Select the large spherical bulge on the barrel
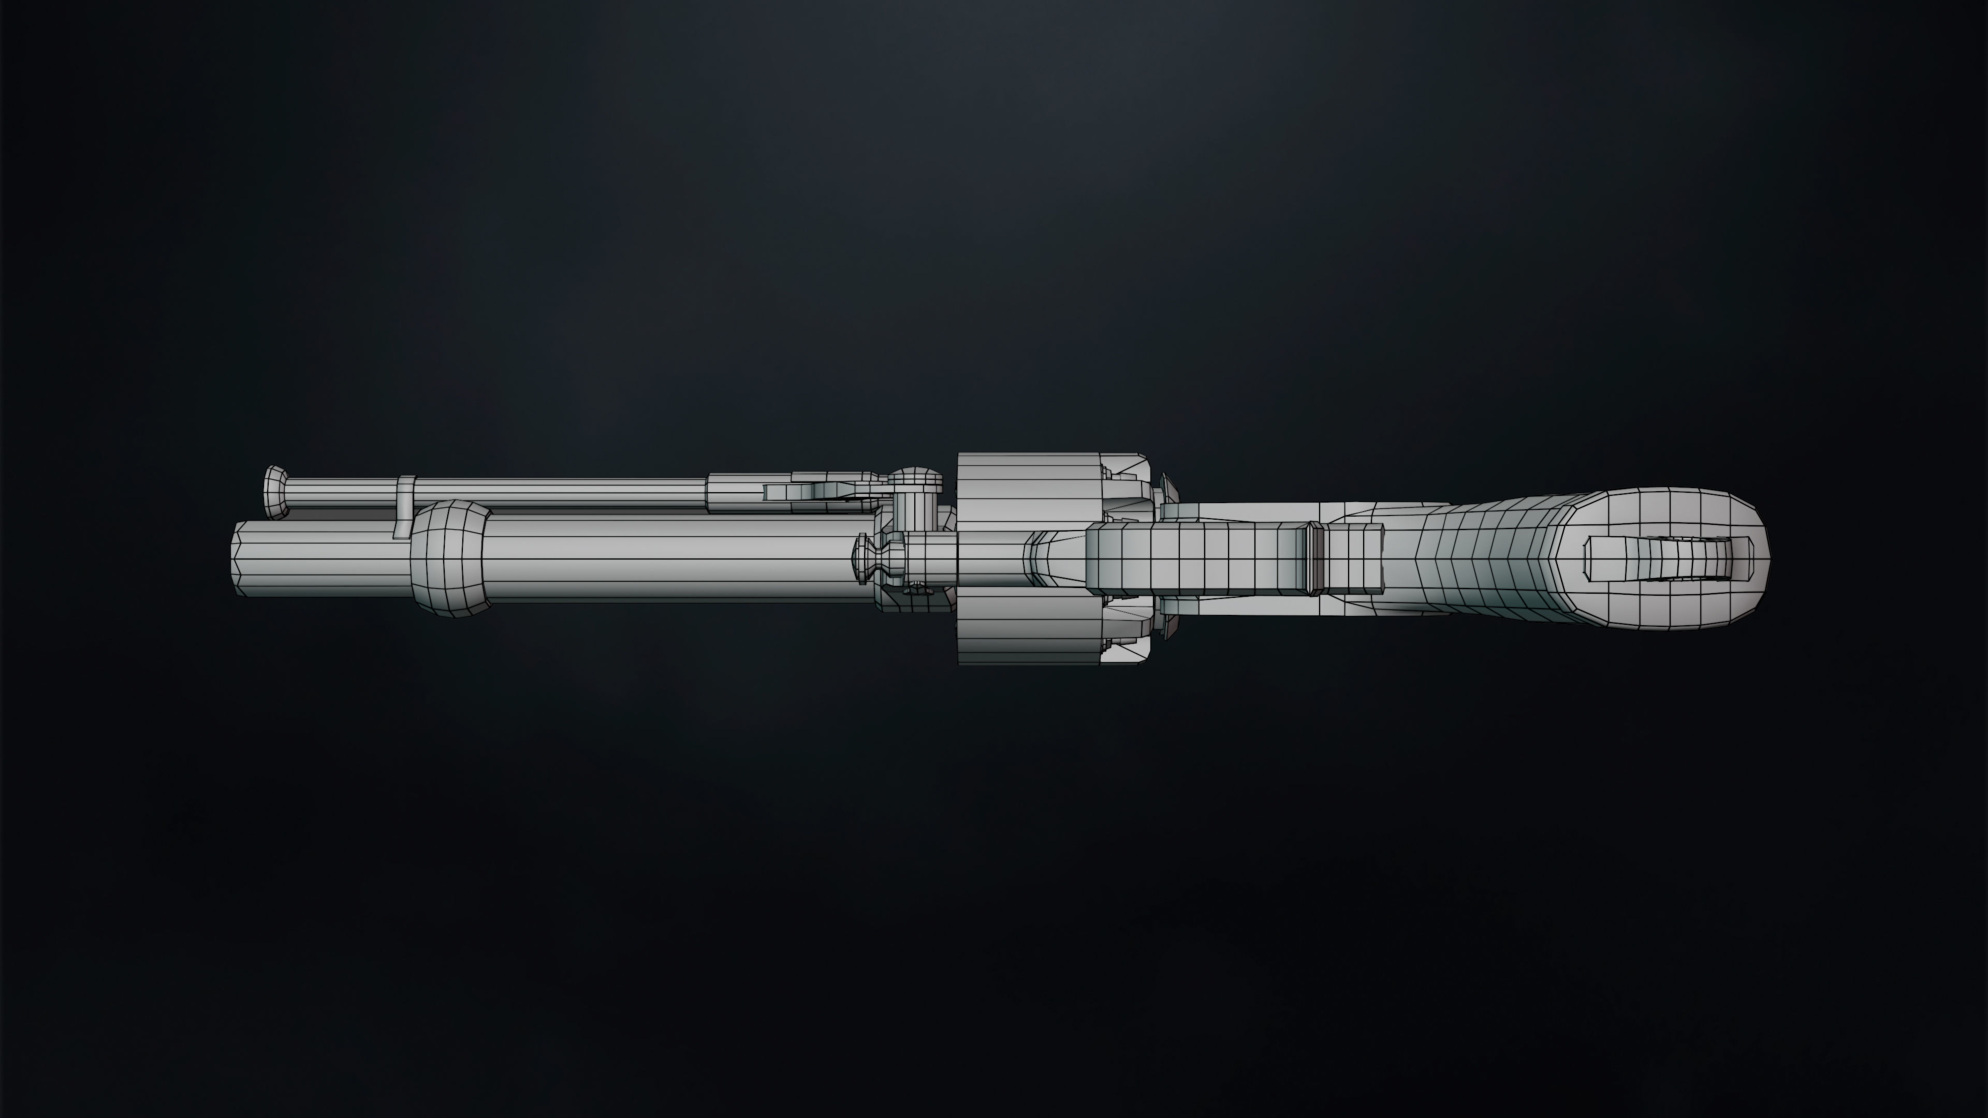449,558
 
